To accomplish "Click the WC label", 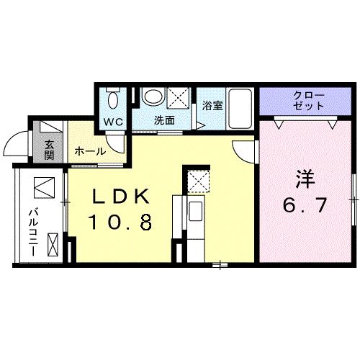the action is (x=113, y=122).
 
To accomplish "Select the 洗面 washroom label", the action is (x=164, y=120).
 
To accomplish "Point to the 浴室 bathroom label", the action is (x=212, y=106).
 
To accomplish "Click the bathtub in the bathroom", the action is (x=240, y=109).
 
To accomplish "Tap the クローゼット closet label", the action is (x=308, y=101).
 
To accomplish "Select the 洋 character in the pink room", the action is (x=305, y=179).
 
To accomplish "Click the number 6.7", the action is (x=305, y=205).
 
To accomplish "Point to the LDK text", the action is (x=120, y=196).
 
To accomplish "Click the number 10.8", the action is (x=120, y=222).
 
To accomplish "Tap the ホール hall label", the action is (x=90, y=151).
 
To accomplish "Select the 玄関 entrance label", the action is (x=49, y=150).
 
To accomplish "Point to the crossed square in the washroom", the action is (x=178, y=99).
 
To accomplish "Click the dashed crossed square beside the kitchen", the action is (x=198, y=181).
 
